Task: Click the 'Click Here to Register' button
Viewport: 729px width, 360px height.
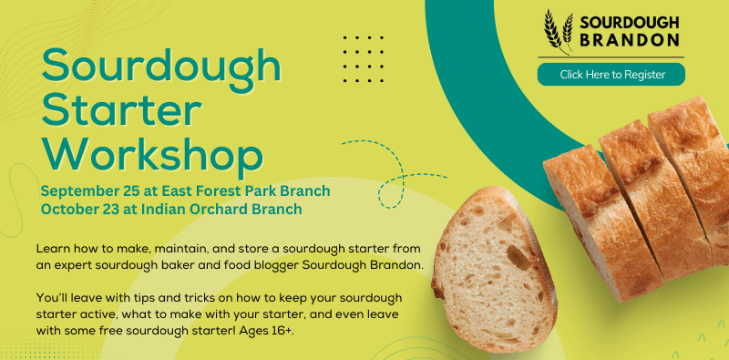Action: click(611, 75)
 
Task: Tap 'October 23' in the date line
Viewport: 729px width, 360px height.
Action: click(83, 208)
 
